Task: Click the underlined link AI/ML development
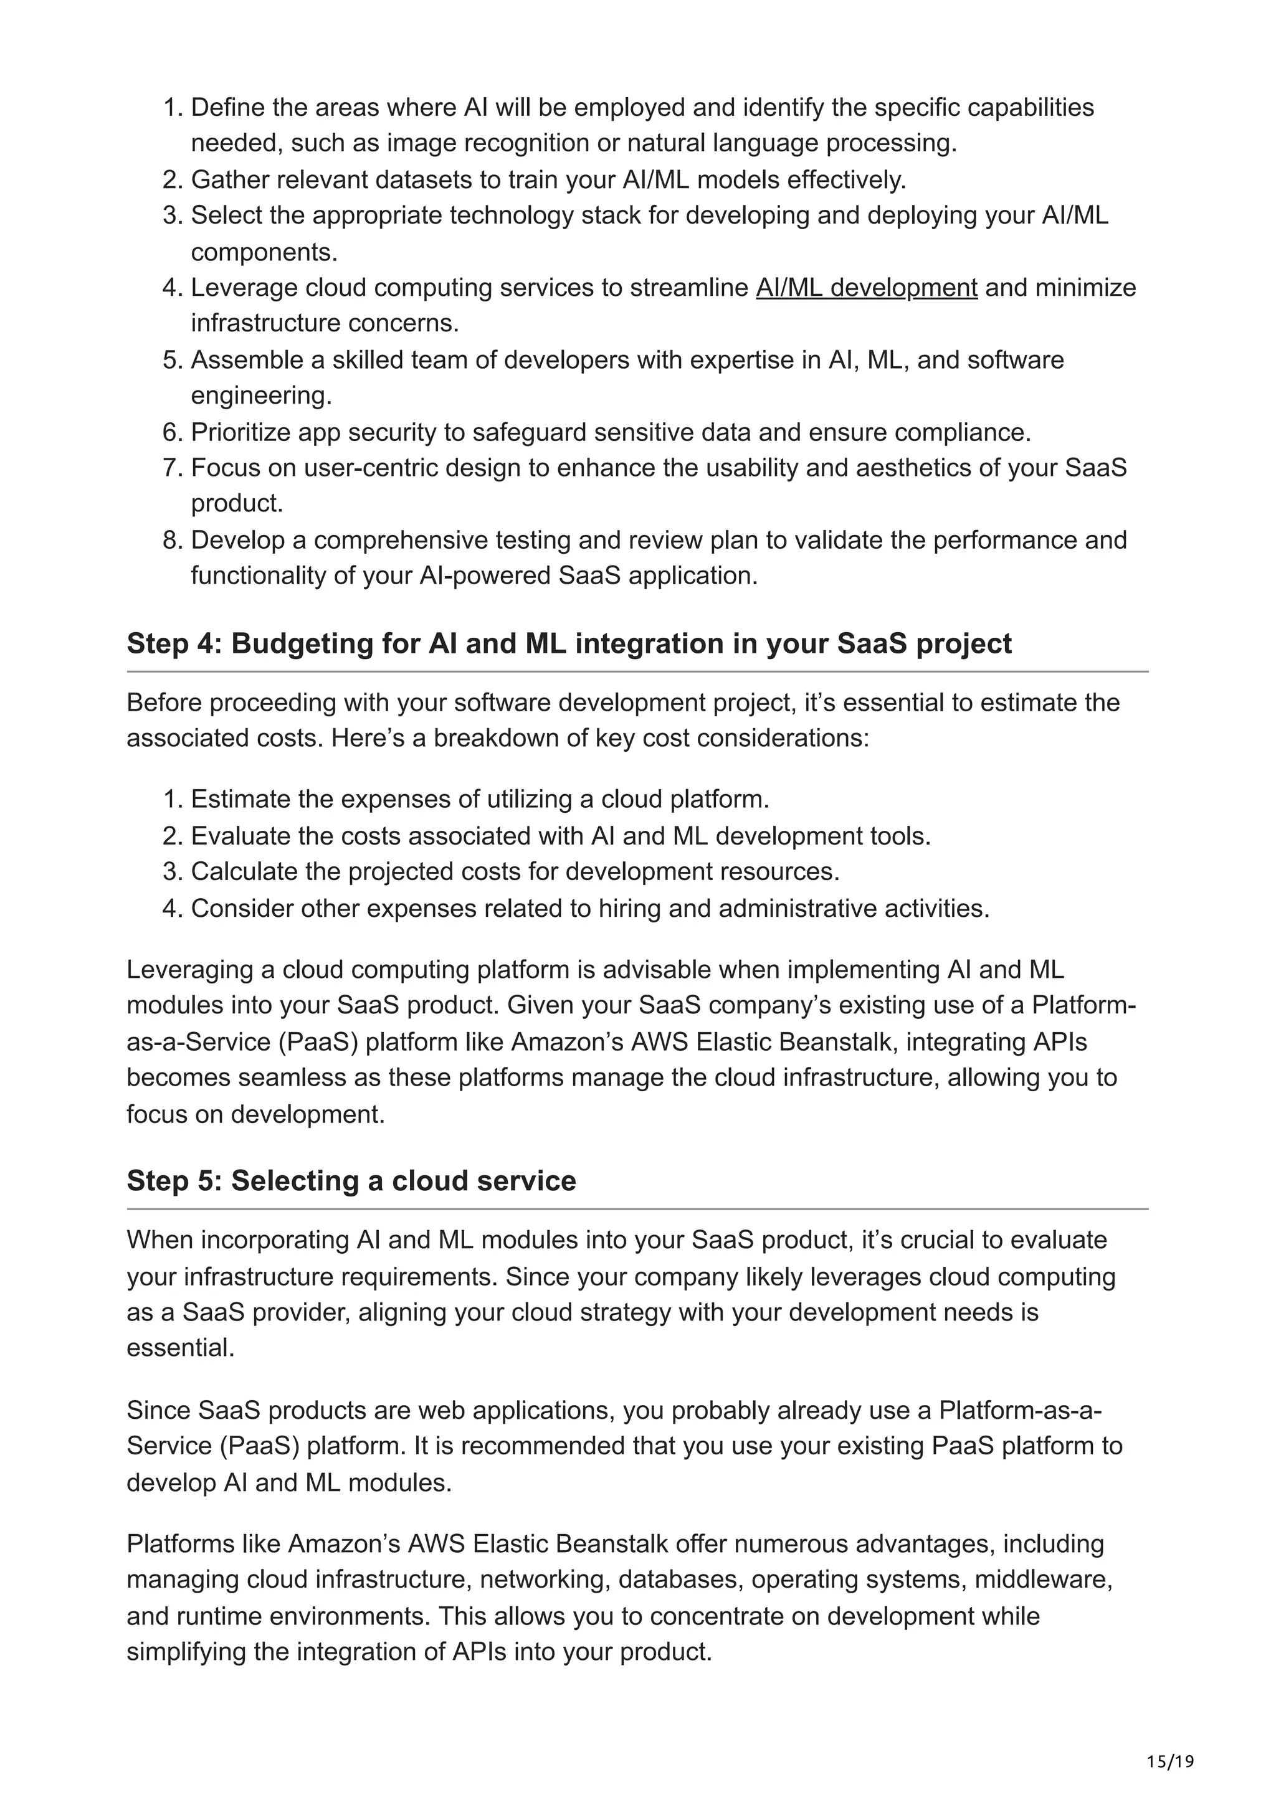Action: (x=867, y=288)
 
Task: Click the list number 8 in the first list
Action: (x=172, y=540)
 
